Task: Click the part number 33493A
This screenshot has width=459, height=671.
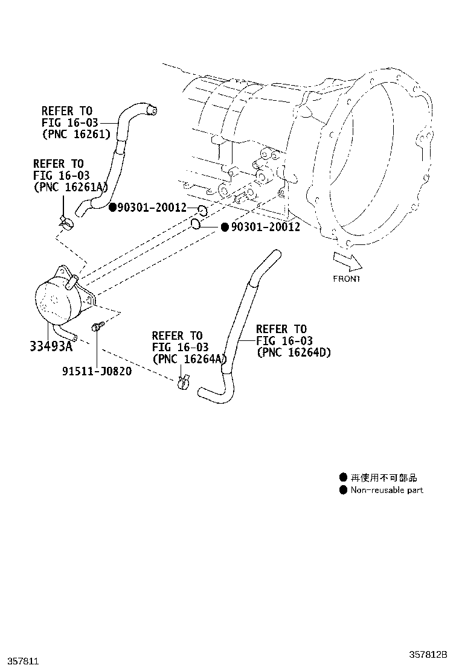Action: pyautogui.click(x=51, y=346)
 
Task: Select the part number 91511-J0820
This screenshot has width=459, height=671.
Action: pyautogui.click(x=97, y=370)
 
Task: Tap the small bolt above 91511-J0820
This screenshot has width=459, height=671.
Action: pyautogui.click(x=97, y=327)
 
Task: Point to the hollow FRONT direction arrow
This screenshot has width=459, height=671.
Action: pyautogui.click(x=347, y=261)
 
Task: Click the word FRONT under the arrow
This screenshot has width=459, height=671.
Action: pyautogui.click(x=346, y=279)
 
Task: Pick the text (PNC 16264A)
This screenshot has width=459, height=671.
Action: pyautogui.click(x=188, y=359)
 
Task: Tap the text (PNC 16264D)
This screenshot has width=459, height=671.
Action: pyautogui.click(x=294, y=353)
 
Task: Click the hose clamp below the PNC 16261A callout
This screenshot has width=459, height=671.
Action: pyautogui.click(x=66, y=223)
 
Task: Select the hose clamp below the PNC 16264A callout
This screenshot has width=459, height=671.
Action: pyautogui.click(x=184, y=382)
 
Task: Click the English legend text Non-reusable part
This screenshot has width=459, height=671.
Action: pyautogui.click(x=387, y=490)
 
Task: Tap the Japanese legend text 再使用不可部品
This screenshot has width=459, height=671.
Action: pyautogui.click(x=384, y=477)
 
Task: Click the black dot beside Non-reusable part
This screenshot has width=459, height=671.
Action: pyautogui.click(x=343, y=490)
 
